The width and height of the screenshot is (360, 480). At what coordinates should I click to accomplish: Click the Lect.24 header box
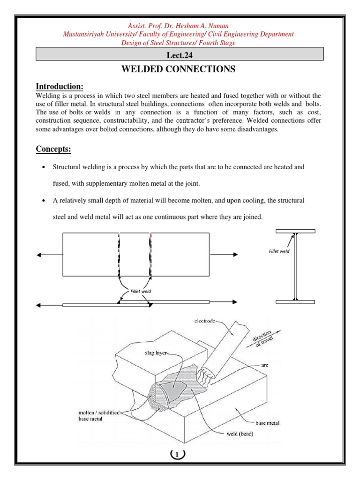180,54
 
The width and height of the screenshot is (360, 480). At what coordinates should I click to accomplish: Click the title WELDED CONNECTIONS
178,69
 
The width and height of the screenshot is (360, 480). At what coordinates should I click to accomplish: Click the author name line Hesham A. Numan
180,26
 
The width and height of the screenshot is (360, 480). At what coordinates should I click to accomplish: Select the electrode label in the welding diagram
206,322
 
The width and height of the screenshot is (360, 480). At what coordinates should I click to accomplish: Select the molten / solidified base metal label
99,415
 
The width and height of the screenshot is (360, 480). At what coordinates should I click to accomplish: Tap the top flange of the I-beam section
295,231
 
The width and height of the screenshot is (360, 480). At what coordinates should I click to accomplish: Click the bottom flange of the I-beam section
295,302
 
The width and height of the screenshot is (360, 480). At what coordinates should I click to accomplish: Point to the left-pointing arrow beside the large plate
49,255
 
